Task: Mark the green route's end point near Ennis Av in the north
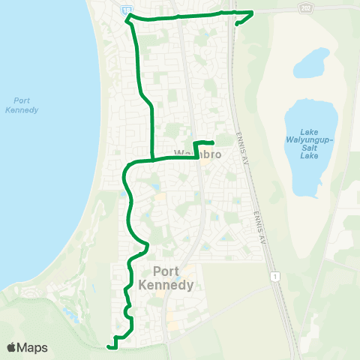click(238, 24)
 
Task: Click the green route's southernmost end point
click(109, 347)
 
